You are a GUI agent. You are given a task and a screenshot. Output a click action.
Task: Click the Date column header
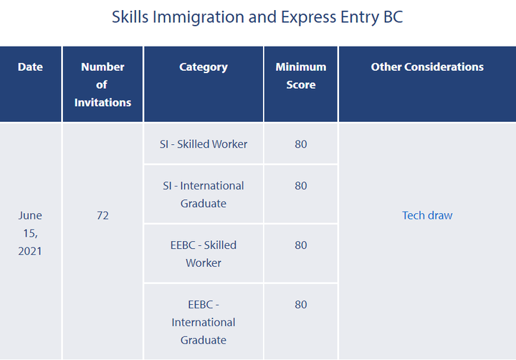pyautogui.click(x=30, y=67)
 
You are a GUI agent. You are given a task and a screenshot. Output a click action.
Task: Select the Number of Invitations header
pyautogui.click(x=102, y=85)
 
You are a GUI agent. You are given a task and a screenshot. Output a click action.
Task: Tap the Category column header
pyautogui.click(x=204, y=67)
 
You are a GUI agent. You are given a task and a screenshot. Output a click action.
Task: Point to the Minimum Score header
pyautogui.click(x=301, y=76)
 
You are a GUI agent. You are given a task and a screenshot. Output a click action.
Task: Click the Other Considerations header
pyautogui.click(x=427, y=67)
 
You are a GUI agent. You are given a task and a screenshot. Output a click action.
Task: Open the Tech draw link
pyautogui.click(x=427, y=215)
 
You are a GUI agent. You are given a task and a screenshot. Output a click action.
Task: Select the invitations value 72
pyautogui.click(x=102, y=215)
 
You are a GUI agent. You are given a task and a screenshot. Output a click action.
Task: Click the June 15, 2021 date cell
pyautogui.click(x=30, y=233)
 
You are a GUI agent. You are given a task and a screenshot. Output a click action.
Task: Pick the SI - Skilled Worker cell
pyautogui.click(x=204, y=144)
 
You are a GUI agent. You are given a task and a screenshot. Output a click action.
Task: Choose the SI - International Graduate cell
pyautogui.click(x=204, y=194)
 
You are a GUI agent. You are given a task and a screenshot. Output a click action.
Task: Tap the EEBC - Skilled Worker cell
pyautogui.click(x=204, y=254)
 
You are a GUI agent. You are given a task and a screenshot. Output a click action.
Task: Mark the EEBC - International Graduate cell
pyautogui.click(x=204, y=322)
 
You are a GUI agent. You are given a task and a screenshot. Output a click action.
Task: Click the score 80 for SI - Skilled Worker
pyautogui.click(x=301, y=144)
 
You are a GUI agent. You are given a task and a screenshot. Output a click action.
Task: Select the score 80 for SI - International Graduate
pyautogui.click(x=301, y=186)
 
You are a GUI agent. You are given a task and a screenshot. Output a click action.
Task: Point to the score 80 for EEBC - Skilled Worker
pyautogui.click(x=301, y=245)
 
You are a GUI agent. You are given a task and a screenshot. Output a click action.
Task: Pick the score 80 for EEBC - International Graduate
pyautogui.click(x=301, y=304)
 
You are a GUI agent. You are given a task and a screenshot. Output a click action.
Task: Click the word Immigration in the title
pyautogui.click(x=198, y=17)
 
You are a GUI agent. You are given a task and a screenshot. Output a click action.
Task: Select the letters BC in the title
pyautogui.click(x=393, y=16)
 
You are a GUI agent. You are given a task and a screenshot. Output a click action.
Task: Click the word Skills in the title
pyautogui.click(x=130, y=16)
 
